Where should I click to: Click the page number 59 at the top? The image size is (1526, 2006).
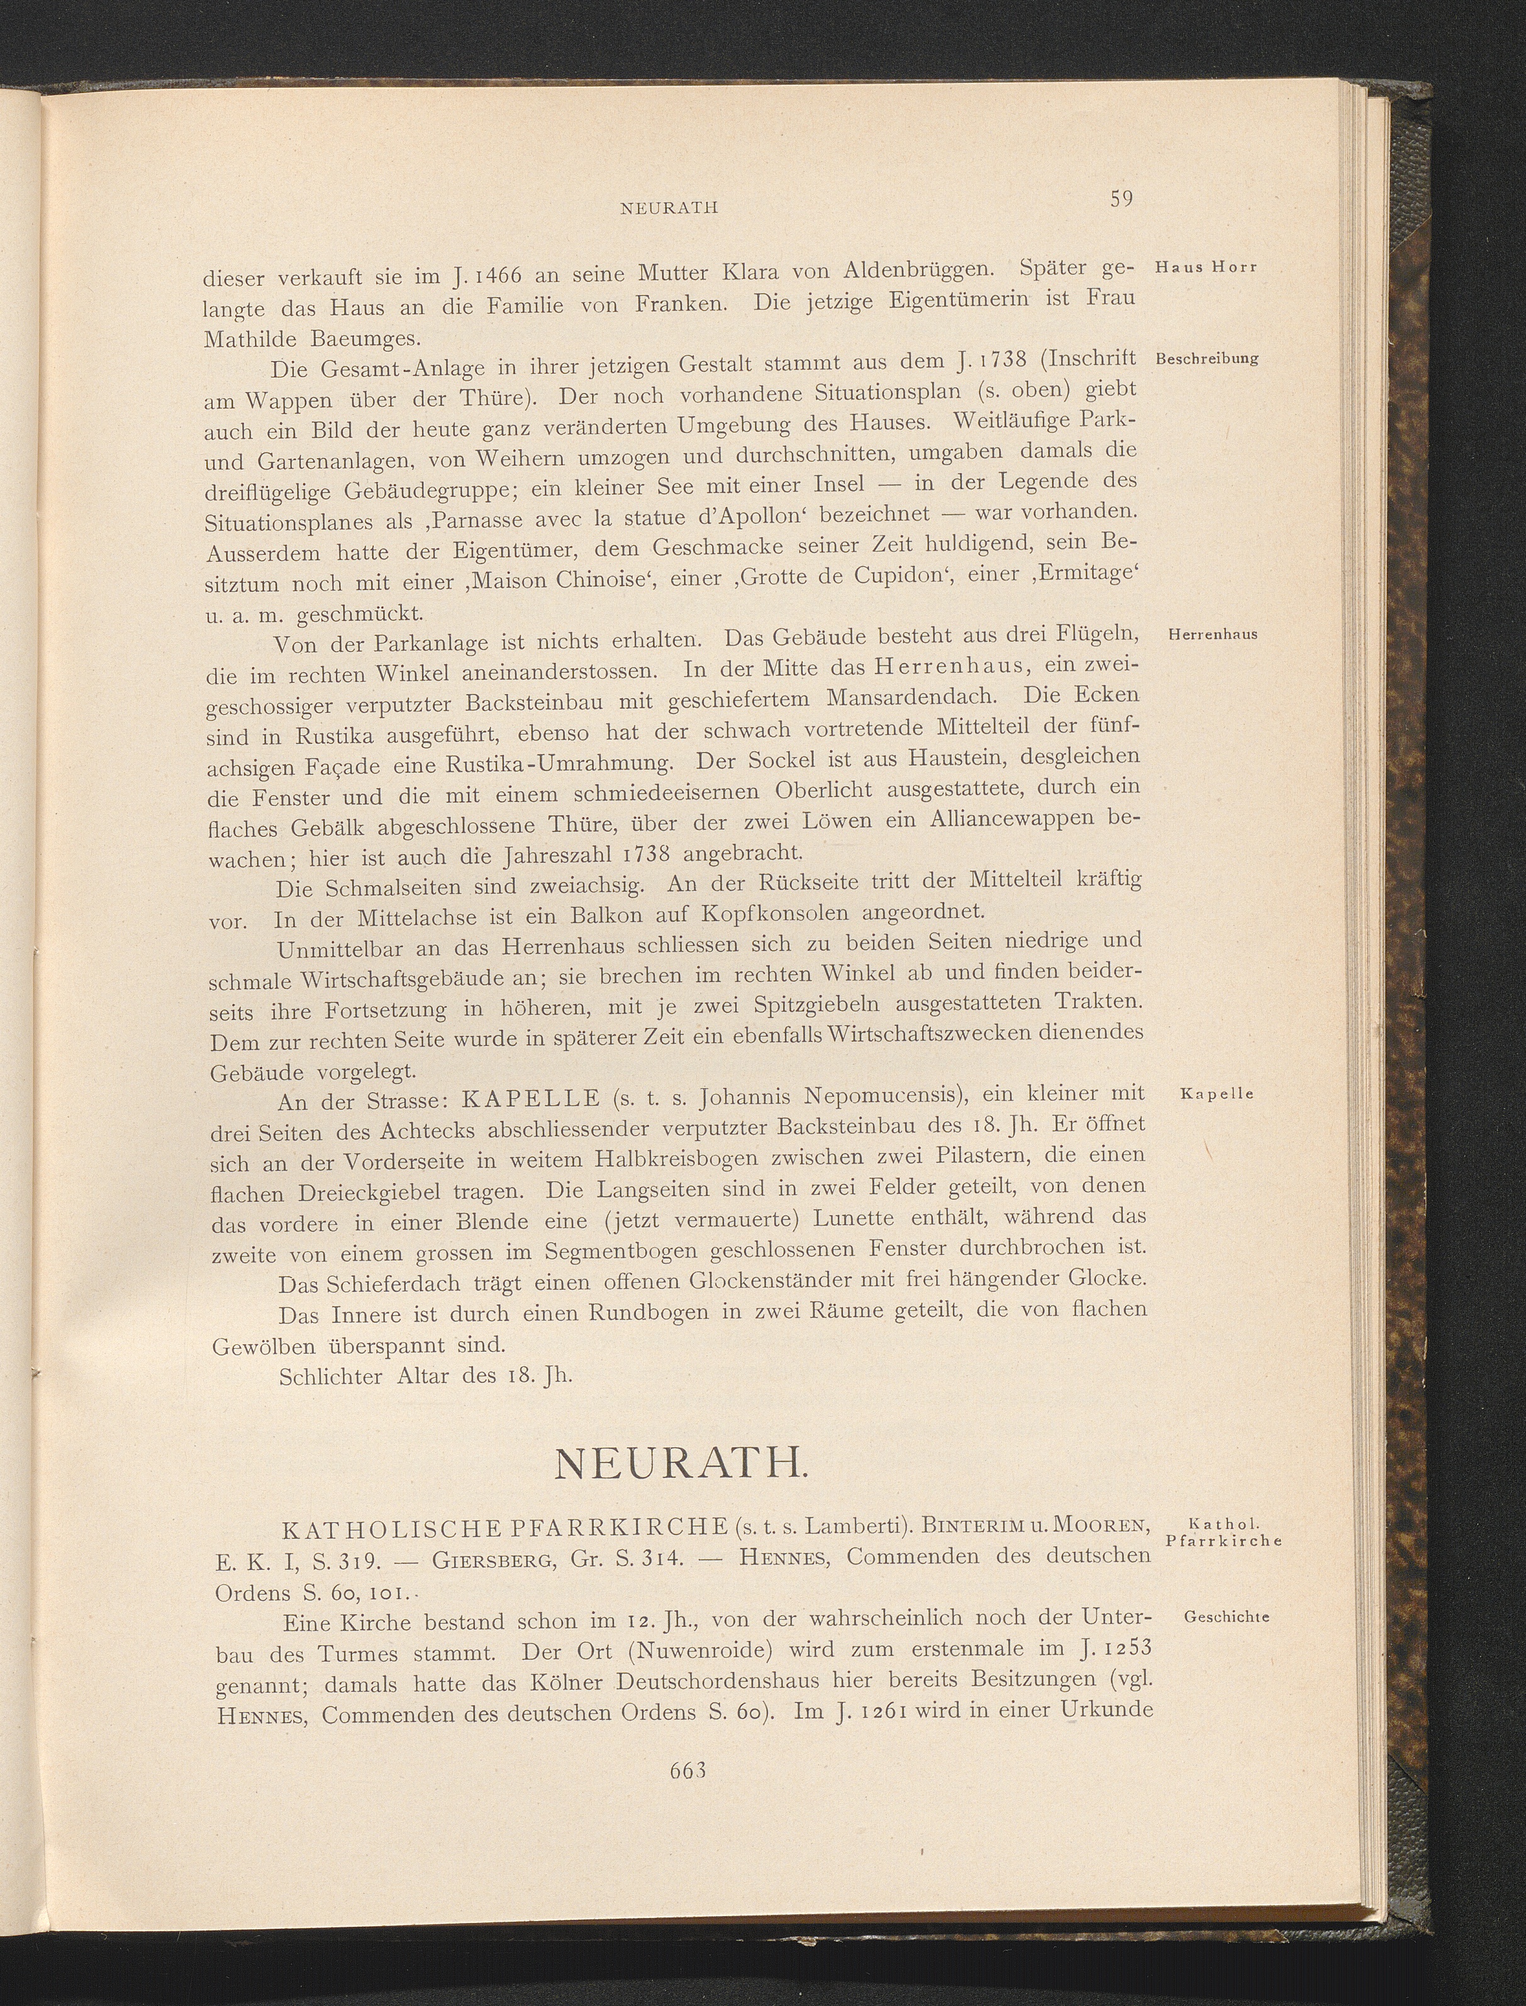coord(1119,199)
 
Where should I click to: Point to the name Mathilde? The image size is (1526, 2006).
coord(253,340)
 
